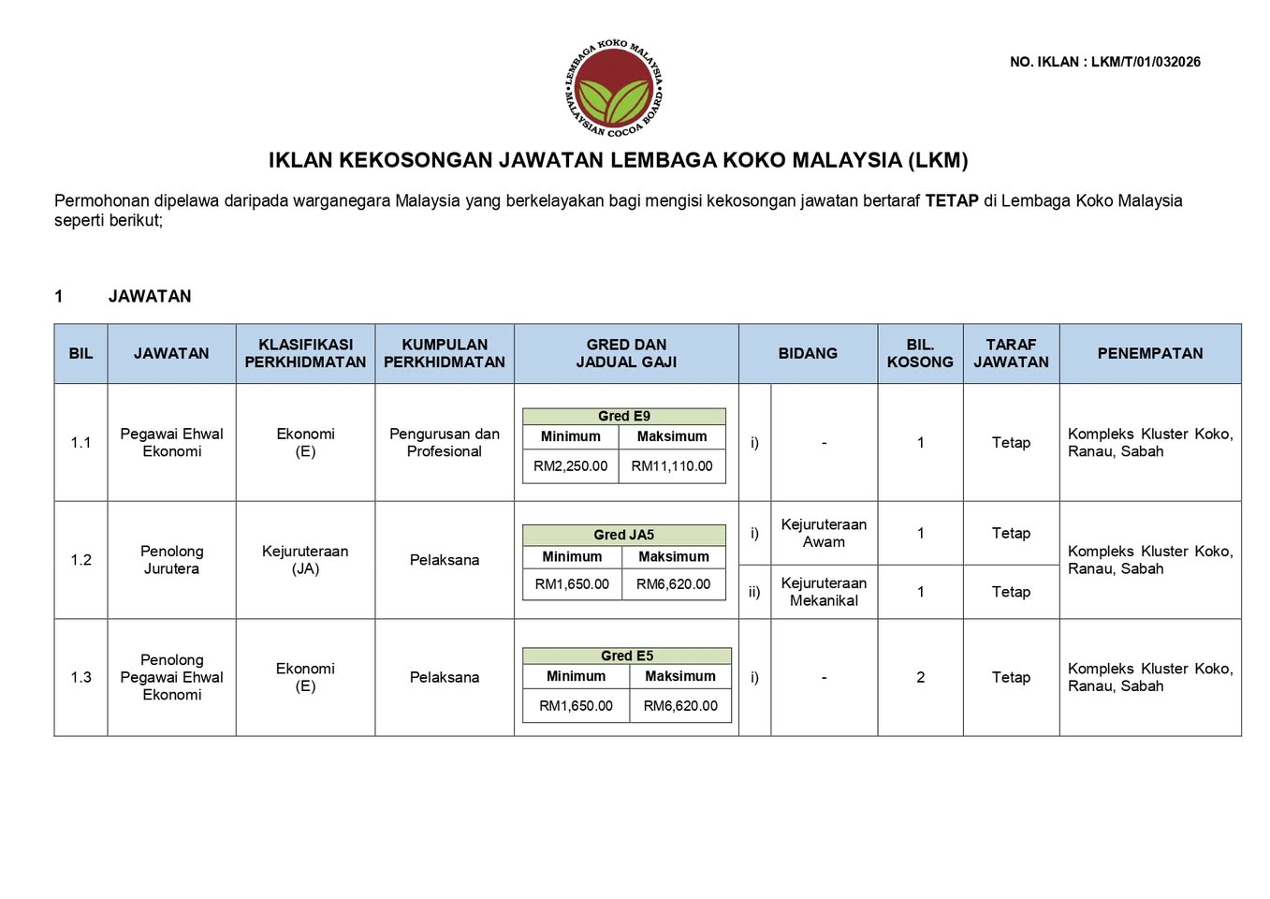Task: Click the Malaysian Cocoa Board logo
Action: (614, 90)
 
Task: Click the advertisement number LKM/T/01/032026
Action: (1146, 62)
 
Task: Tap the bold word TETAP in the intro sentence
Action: (952, 200)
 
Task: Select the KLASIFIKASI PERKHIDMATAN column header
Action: (305, 353)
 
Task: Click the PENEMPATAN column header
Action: (1149, 353)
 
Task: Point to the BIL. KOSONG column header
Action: (920, 353)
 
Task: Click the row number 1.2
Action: (81, 560)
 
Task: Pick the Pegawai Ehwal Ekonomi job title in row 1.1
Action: (171, 442)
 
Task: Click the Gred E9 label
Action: (624, 416)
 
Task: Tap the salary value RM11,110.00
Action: (672, 466)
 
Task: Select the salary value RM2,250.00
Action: (570, 466)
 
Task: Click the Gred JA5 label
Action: (624, 535)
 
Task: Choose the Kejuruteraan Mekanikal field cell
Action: (824, 592)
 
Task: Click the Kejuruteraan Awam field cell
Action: (824, 533)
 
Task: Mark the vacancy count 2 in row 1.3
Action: (920, 677)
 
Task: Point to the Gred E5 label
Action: (627, 656)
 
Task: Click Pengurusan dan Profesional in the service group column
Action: (445, 442)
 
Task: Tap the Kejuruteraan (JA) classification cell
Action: (305, 560)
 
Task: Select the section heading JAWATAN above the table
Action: (150, 296)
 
